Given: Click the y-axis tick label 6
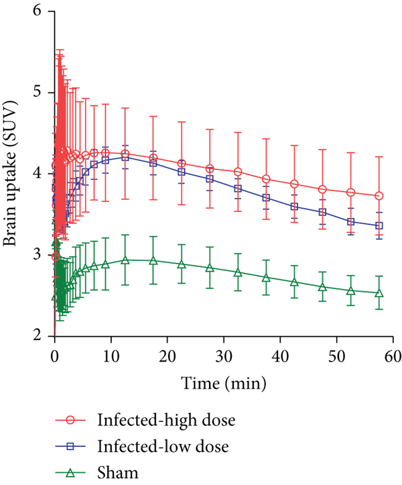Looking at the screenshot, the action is point(37,11).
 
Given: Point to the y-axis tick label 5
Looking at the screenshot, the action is point(37,93).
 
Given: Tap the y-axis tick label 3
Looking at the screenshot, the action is point(37,255).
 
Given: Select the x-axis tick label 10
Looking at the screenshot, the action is point(111,357).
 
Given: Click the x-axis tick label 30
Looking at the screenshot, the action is point(224,357).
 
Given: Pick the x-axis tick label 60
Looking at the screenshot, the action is point(393,357).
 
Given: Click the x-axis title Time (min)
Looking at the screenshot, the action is point(223,384).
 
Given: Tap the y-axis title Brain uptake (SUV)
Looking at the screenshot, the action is point(10,174).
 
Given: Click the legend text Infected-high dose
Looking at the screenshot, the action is point(166,420).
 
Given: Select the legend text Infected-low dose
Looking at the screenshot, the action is point(163,446).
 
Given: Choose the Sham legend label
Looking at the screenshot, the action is point(118,473).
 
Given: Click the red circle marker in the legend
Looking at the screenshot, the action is point(70,420).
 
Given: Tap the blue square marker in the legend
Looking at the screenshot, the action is point(70,446).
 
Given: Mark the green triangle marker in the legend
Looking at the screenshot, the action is point(70,473).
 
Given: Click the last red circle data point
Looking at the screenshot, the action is point(379,196).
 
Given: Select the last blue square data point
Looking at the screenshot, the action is point(379,226).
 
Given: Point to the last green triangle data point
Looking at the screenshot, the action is point(379,293).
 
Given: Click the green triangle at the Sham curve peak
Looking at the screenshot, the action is point(125,260).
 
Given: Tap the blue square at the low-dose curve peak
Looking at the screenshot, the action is point(125,157).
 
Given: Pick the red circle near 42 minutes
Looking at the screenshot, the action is point(295,184).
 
